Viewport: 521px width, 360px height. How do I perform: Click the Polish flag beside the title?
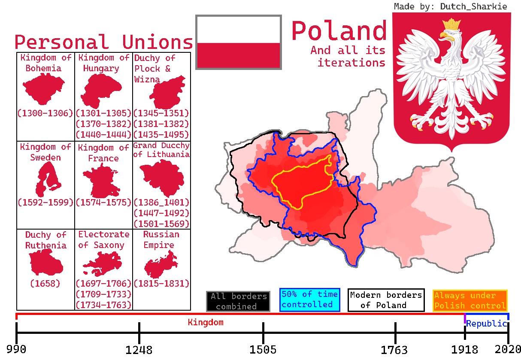(x=238, y=42)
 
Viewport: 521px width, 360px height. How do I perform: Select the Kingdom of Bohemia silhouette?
(x=43, y=90)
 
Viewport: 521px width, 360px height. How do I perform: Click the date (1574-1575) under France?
(x=103, y=202)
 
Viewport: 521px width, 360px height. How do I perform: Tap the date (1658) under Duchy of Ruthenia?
(x=45, y=283)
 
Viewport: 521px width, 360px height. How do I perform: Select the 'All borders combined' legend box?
(x=238, y=301)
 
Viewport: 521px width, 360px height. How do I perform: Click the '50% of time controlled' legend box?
(x=309, y=299)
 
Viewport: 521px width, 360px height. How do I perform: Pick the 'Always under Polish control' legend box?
(x=470, y=300)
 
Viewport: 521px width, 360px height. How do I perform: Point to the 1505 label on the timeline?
(x=263, y=350)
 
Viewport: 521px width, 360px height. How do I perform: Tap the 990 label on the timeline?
(x=16, y=349)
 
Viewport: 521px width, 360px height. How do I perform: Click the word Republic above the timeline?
(x=486, y=324)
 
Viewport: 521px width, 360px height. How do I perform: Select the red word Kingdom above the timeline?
(x=206, y=322)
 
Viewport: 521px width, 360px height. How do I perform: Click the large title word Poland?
(x=339, y=31)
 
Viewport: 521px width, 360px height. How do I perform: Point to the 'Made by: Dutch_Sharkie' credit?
(x=450, y=6)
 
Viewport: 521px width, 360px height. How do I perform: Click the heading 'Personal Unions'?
(x=103, y=42)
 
